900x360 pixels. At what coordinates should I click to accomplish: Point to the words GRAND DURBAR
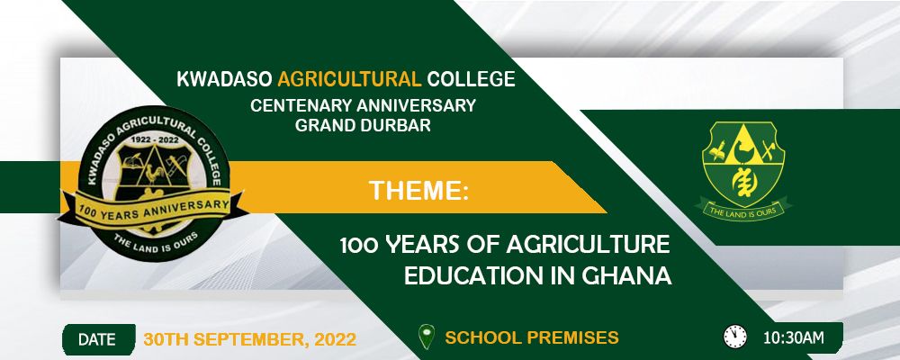[x=363, y=125]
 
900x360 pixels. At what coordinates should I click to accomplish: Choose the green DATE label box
[x=97, y=339]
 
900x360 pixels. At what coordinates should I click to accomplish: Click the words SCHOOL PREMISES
[x=532, y=338]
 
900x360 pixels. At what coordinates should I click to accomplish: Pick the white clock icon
[x=735, y=337]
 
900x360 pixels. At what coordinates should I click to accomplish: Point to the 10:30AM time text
[x=793, y=338]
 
